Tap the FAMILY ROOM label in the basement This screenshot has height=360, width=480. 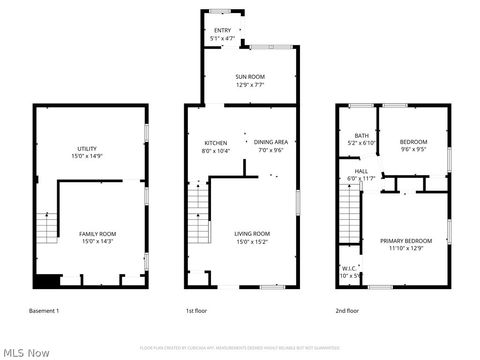tap(97, 233)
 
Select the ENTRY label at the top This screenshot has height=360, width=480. tap(222, 31)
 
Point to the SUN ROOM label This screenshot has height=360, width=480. tap(250, 76)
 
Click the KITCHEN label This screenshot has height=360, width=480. tap(216, 142)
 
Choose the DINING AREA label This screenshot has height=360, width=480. tap(271, 142)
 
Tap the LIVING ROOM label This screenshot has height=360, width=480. tap(252, 233)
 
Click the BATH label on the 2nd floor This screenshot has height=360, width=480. tap(361, 135)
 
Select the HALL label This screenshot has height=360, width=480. tap(361, 171)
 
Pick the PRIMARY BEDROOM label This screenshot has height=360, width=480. tap(405, 240)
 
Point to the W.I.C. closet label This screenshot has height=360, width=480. tap(348, 268)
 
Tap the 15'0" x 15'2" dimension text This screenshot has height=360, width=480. tap(252, 241)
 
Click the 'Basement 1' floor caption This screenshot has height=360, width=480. tap(44, 311)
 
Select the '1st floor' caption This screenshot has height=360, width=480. tap(197, 311)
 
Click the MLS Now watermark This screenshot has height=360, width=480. tap(27, 352)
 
